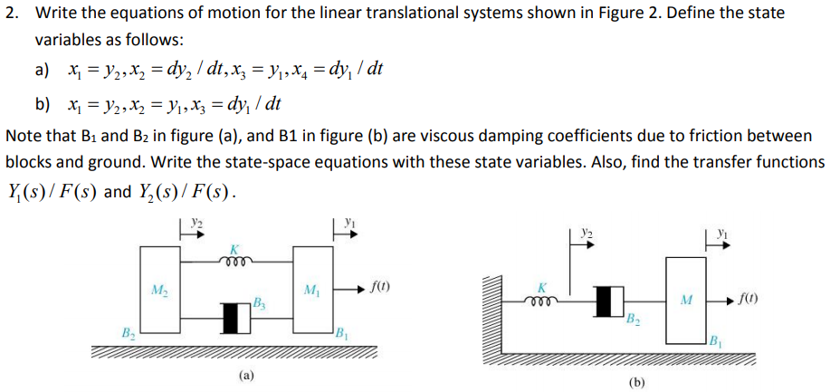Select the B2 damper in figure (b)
point(607,301)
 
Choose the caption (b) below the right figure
point(638,381)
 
